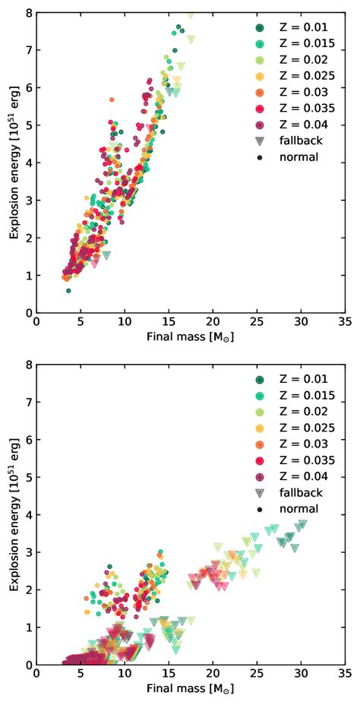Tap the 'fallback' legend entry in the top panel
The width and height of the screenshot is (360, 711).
click(289, 141)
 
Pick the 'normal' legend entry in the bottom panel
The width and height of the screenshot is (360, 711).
click(289, 508)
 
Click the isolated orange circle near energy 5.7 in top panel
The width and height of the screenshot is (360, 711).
click(112, 100)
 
